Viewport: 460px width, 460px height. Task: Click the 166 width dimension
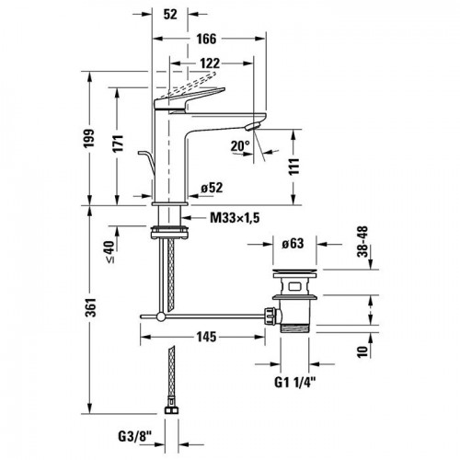(206, 39)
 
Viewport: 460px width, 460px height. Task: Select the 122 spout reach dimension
(210, 63)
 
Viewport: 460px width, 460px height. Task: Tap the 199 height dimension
(89, 138)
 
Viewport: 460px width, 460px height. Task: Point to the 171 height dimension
(118, 144)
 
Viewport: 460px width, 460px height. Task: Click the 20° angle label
(240, 146)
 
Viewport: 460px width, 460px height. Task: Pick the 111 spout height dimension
(293, 167)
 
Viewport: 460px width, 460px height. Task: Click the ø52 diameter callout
(212, 188)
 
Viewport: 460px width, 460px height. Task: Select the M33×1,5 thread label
(235, 218)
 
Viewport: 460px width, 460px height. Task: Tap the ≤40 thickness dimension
(110, 251)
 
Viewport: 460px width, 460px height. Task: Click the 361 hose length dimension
(91, 307)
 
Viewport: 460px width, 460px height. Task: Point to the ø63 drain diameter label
(293, 244)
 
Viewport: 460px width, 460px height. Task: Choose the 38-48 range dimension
(362, 242)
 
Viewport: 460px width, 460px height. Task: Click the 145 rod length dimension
(206, 337)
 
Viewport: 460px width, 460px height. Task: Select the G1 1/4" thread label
(294, 383)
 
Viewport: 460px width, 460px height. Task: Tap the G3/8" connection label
(135, 436)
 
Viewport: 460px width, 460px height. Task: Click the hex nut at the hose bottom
(171, 410)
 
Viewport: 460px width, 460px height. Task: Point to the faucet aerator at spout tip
(253, 126)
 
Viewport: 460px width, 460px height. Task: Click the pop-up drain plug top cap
(295, 271)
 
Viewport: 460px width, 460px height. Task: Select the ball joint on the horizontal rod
(161, 316)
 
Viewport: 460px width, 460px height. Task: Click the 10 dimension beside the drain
(362, 351)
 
